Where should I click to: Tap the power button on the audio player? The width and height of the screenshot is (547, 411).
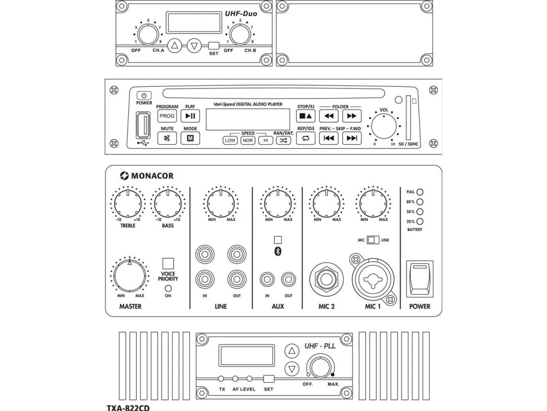pyautogui.click(x=144, y=96)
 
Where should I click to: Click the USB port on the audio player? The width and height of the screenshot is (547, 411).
pyautogui.click(x=143, y=125)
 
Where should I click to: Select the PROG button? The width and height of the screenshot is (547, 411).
pyautogui.click(x=167, y=116)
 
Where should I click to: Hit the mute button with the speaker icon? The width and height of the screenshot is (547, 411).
pyautogui.click(x=167, y=139)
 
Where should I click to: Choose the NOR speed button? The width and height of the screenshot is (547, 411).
pyautogui.click(x=248, y=140)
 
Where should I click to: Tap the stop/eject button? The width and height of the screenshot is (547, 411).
pyautogui.click(x=306, y=116)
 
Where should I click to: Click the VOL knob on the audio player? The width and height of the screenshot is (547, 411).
pyautogui.click(x=384, y=126)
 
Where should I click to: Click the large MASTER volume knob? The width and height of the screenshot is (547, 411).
pyautogui.click(x=129, y=275)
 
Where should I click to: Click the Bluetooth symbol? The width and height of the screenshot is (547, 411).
pyautogui.click(x=277, y=251)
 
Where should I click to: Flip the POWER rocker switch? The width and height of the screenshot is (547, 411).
pyautogui.click(x=419, y=278)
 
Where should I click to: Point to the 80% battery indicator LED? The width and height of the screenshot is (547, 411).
pyautogui.click(x=419, y=201)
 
